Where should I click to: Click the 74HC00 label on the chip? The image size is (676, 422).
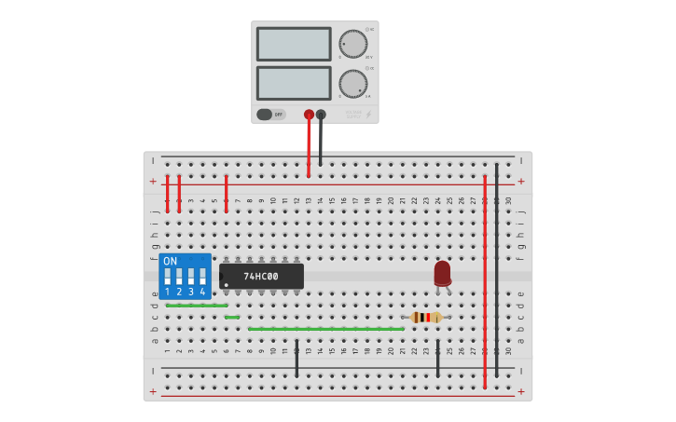pyautogui.click(x=261, y=277)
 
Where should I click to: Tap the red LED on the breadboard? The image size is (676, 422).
pyautogui.click(x=442, y=273)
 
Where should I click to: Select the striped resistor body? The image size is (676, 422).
pyautogui.click(x=426, y=318)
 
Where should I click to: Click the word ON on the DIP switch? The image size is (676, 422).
pyautogui.click(x=170, y=262)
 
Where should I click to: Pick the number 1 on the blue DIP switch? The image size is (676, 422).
pyautogui.click(x=168, y=293)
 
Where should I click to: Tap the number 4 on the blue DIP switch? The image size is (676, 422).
pyautogui.click(x=202, y=293)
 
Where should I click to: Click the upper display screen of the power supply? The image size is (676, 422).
pyautogui.click(x=294, y=44)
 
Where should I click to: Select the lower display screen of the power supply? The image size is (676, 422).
pyautogui.click(x=294, y=83)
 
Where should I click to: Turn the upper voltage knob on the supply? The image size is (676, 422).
pyautogui.click(x=352, y=44)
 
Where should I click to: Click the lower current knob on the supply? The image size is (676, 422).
pyautogui.click(x=352, y=84)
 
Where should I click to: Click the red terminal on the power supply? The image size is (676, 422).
pyautogui.click(x=309, y=115)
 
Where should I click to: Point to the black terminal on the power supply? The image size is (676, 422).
pyautogui.click(x=321, y=115)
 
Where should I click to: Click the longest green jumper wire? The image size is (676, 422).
pyautogui.click(x=326, y=329)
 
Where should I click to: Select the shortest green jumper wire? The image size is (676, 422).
pyautogui.click(x=232, y=318)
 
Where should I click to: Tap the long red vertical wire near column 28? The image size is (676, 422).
pyautogui.click(x=485, y=279)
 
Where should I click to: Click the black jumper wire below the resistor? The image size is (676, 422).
pyautogui.click(x=437, y=359)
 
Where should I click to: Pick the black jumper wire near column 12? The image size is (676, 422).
pyautogui.click(x=297, y=359)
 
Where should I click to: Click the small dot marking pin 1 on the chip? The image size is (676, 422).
pyautogui.click(x=226, y=284)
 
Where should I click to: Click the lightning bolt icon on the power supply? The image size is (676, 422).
pyautogui.click(x=367, y=115)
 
